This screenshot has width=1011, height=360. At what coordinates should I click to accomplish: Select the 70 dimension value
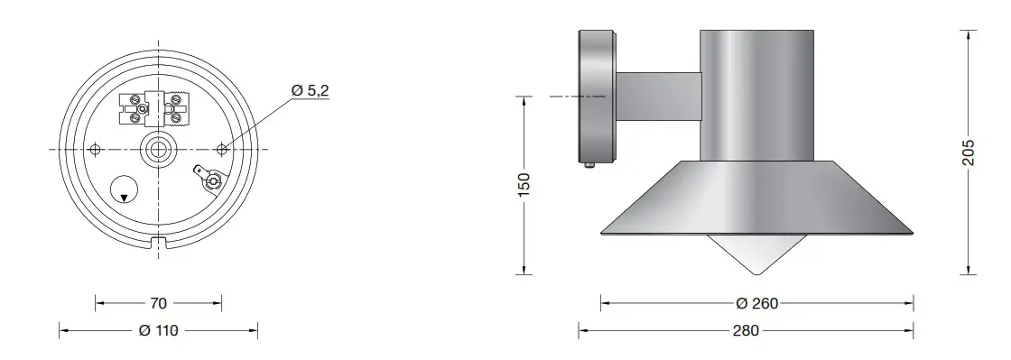point(159,303)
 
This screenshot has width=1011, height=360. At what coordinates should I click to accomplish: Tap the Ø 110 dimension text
point(159,330)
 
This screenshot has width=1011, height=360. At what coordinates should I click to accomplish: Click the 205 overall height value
point(969,151)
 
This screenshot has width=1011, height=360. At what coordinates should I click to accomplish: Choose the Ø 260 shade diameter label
point(756,303)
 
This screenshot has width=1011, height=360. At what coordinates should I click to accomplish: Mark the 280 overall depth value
point(746,330)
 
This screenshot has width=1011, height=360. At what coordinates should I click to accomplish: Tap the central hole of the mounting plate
point(159,149)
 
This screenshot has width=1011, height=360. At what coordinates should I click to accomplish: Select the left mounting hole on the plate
point(97,149)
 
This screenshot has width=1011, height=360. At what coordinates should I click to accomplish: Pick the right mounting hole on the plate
point(222,149)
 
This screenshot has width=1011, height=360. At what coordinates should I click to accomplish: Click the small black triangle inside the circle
point(125,197)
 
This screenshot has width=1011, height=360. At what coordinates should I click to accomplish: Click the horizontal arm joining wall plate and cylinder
point(658,97)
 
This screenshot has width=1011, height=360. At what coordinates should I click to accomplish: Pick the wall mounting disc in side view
point(596,97)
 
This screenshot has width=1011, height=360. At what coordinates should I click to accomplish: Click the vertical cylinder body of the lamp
point(756,95)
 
